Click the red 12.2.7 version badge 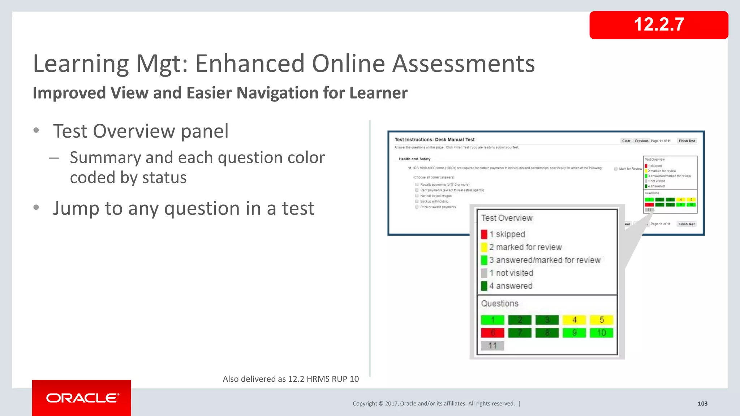click(x=658, y=25)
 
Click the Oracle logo click(x=82, y=398)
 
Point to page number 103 click(x=702, y=404)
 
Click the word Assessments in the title click(x=463, y=64)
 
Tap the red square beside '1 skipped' click(x=484, y=234)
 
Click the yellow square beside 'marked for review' click(x=484, y=247)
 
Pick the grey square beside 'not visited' click(x=484, y=273)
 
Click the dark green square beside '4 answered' click(x=484, y=286)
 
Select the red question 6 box click(x=492, y=333)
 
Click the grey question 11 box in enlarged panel click(x=492, y=346)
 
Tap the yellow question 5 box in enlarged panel click(x=601, y=320)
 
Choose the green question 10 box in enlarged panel click(x=601, y=333)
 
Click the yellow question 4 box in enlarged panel click(x=574, y=320)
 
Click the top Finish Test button click(x=687, y=141)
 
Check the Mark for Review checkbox click(x=616, y=169)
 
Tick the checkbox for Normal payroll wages click(x=417, y=196)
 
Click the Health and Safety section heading click(x=414, y=159)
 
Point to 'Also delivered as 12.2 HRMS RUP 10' click(x=291, y=379)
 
